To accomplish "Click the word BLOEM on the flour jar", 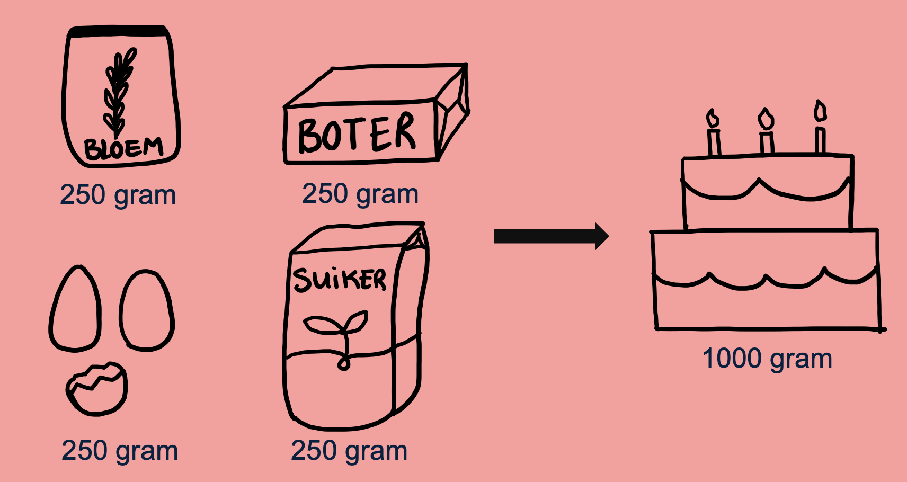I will [x=123, y=148].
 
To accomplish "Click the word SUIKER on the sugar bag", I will [x=340, y=279].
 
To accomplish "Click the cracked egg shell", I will [x=97, y=389].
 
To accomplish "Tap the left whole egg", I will [x=75, y=310].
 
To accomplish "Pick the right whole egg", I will [x=147, y=311].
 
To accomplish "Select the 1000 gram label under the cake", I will [x=767, y=359].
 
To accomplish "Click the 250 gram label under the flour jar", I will [x=118, y=195].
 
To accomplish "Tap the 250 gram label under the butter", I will [x=360, y=194].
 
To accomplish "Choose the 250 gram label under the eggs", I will [x=120, y=451].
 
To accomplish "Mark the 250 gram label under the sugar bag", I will [x=349, y=451].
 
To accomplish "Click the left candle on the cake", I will [x=714, y=135].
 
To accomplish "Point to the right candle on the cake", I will [x=820, y=130].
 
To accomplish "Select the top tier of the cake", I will [x=767, y=193].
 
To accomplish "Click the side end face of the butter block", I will [x=452, y=114].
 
